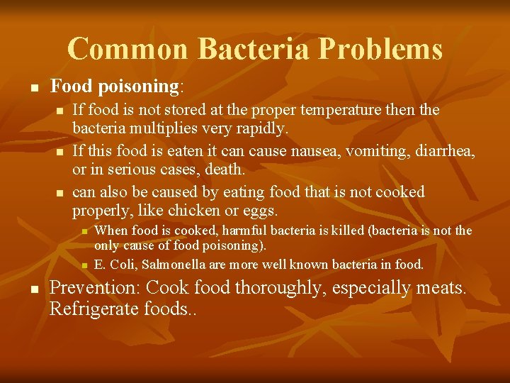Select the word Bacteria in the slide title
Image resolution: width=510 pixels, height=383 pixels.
(x=255, y=49)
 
